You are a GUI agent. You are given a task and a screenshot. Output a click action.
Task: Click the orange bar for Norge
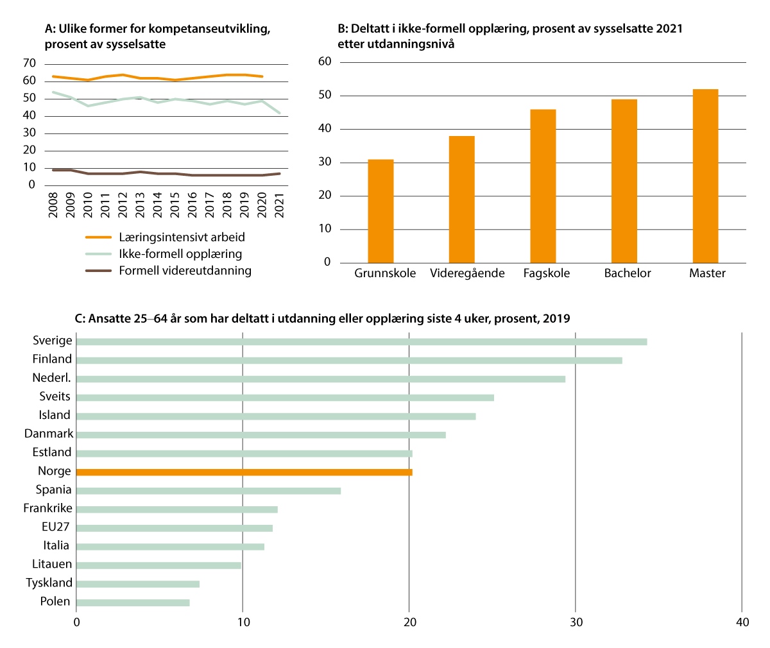pos(244,472)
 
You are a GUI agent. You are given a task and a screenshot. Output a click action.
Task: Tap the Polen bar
pos(133,602)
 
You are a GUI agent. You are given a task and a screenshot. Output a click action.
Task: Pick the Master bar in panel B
pos(705,176)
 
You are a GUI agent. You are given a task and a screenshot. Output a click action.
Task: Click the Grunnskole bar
pos(381,211)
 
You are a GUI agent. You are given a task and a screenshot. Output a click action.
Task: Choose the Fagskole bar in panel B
pos(543,186)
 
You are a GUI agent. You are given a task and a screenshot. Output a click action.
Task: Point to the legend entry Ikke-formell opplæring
pos(180,253)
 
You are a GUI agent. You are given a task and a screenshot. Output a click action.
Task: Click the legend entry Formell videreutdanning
pos(185,271)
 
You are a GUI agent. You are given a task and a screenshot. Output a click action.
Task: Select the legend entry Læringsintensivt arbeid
pos(182,237)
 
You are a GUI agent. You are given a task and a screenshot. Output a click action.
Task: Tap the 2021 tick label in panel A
pos(279,205)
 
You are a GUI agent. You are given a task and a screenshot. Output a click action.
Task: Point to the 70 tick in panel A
pos(29,63)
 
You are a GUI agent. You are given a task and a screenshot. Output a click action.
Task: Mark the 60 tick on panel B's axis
pos(325,62)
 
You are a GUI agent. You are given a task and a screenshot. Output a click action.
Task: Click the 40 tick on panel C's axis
pos(742,622)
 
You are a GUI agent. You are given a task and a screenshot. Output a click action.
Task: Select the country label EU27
pos(55,527)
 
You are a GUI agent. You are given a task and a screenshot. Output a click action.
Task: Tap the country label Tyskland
pos(49,583)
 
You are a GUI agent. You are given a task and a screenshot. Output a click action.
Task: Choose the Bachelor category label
pos(628,273)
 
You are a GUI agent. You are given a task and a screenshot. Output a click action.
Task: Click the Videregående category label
pos(467,273)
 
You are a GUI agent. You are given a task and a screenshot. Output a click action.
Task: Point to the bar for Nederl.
pos(320,379)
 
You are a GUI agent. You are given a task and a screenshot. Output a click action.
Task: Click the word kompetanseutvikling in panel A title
pos(212,30)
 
